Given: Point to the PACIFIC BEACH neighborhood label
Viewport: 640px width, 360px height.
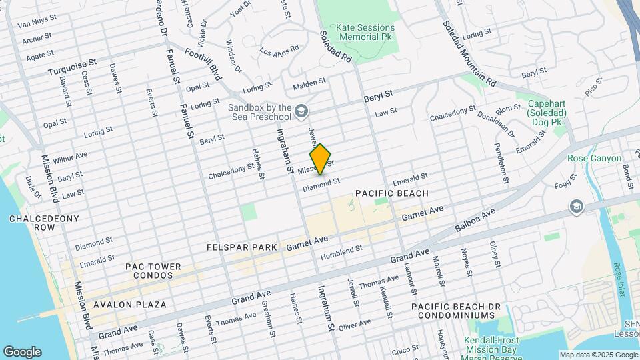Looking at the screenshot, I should click(x=391, y=193).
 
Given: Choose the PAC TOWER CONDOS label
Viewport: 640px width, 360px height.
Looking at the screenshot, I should click(x=153, y=271).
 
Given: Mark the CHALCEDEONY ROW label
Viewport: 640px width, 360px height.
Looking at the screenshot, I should click(x=44, y=223).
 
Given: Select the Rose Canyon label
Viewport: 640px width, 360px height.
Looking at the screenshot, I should click(x=594, y=159).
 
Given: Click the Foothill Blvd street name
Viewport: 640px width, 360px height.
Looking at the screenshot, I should click(x=203, y=64).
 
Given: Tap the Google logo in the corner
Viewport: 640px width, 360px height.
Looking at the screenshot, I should click(x=22, y=351).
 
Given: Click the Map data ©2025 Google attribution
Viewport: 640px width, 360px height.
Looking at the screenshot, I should click(x=598, y=355).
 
